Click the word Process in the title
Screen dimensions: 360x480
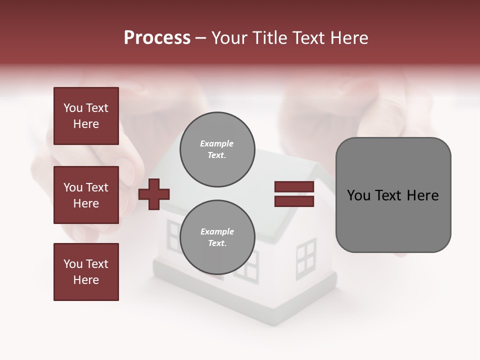click(x=157, y=38)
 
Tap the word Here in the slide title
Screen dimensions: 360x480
click(x=348, y=38)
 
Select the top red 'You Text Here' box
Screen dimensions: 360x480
click(x=86, y=116)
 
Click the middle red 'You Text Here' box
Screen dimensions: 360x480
click(x=86, y=195)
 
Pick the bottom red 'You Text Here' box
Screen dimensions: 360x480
click(x=86, y=272)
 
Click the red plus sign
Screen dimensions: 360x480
click(x=154, y=194)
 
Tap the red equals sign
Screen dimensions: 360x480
click(x=294, y=194)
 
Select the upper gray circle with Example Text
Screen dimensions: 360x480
click(x=217, y=149)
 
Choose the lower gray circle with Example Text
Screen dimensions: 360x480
click(x=217, y=237)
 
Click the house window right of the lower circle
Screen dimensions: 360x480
click(x=306, y=258)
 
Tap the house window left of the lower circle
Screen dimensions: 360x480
click(x=173, y=235)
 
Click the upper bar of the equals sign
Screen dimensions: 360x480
click(x=294, y=187)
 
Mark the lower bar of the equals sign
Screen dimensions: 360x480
click(x=294, y=201)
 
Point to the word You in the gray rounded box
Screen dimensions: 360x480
click(x=358, y=195)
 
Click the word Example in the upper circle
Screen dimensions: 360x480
click(x=217, y=143)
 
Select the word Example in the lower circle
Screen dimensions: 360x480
click(x=217, y=231)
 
